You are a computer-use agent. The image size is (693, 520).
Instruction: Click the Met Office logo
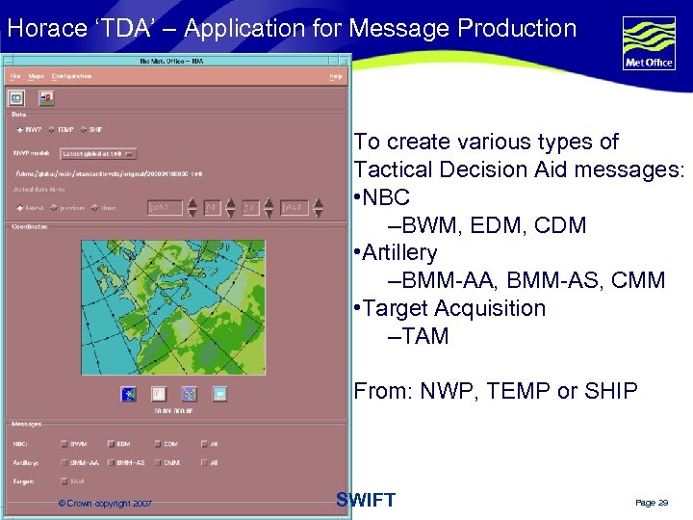[649, 43]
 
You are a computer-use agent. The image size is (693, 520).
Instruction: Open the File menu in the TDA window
[14, 75]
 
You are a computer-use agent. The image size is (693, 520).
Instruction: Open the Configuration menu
[72, 75]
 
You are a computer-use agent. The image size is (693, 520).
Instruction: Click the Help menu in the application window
[335, 75]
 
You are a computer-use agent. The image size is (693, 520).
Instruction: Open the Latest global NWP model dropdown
[98, 152]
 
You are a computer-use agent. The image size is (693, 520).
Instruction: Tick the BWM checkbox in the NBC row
[64, 444]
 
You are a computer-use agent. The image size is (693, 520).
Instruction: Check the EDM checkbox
[111, 444]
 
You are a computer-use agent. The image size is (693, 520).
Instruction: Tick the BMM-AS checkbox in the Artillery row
[111, 462]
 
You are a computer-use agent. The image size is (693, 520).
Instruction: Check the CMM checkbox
[157, 462]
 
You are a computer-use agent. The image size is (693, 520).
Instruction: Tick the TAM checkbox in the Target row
[64, 481]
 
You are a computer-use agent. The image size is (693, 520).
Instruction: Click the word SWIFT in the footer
[366, 500]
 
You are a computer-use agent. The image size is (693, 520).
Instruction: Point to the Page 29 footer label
[651, 503]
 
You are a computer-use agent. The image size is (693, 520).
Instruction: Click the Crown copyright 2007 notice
[104, 504]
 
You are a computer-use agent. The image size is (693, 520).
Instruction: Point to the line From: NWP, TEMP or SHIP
[495, 390]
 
